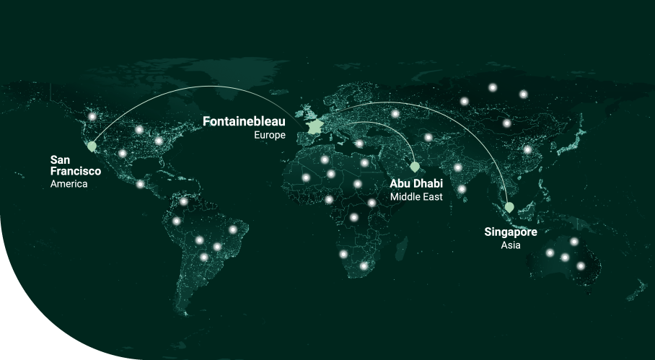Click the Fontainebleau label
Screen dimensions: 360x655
(x=244, y=121)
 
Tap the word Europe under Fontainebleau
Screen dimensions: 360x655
(x=270, y=135)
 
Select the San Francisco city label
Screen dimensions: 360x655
(x=75, y=165)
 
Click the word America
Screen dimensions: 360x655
(x=69, y=184)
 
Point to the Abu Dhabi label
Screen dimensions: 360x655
(x=416, y=183)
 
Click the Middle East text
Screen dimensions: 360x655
(x=416, y=196)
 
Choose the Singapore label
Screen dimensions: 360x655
(x=511, y=232)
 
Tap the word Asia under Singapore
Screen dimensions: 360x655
(x=511, y=245)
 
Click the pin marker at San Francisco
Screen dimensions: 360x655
(x=92, y=146)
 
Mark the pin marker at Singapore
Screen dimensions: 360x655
(x=509, y=207)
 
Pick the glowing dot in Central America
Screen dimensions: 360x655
(x=140, y=184)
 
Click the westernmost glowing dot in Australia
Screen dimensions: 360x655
(x=550, y=253)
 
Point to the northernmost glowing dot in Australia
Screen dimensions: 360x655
(x=574, y=242)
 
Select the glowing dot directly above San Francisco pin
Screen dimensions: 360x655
(x=92, y=117)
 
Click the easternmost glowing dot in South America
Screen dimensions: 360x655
(x=233, y=230)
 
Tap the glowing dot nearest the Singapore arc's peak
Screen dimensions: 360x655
(x=395, y=113)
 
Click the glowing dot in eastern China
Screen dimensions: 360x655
(x=527, y=150)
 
